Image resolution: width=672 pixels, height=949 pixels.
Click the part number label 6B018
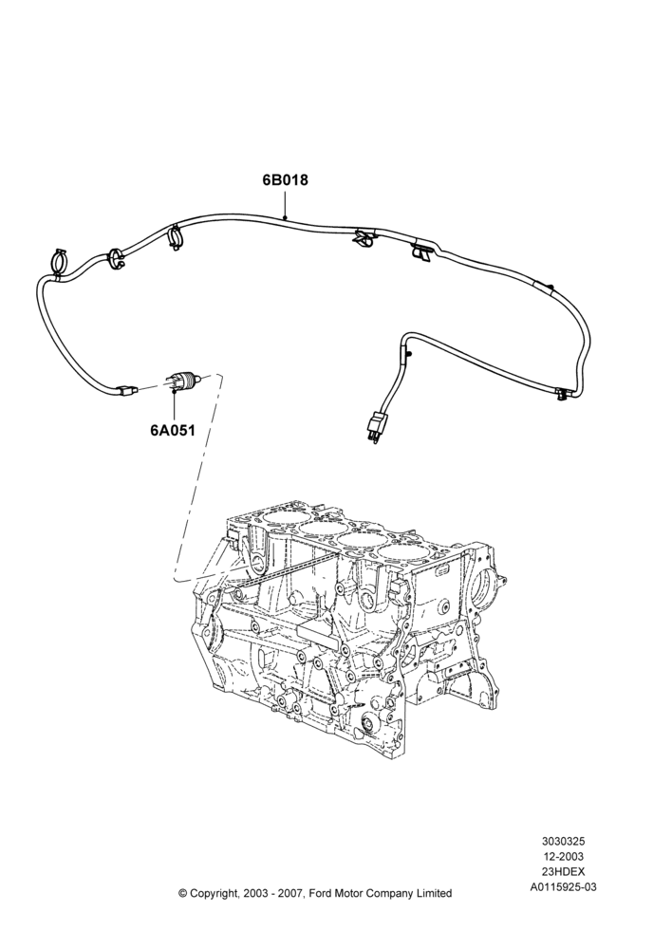pyautogui.click(x=285, y=180)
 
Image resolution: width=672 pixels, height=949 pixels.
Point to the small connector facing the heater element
pyautogui.click(x=127, y=391)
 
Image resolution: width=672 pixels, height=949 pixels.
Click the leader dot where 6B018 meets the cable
pyautogui.click(x=285, y=218)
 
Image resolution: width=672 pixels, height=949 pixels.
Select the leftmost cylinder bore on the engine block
pyautogui.click(x=280, y=520)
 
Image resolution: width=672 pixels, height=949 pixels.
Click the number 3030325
pyautogui.click(x=563, y=841)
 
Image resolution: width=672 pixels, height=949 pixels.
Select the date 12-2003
pyautogui.click(x=563, y=856)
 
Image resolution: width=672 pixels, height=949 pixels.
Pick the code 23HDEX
pyautogui.click(x=563, y=872)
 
